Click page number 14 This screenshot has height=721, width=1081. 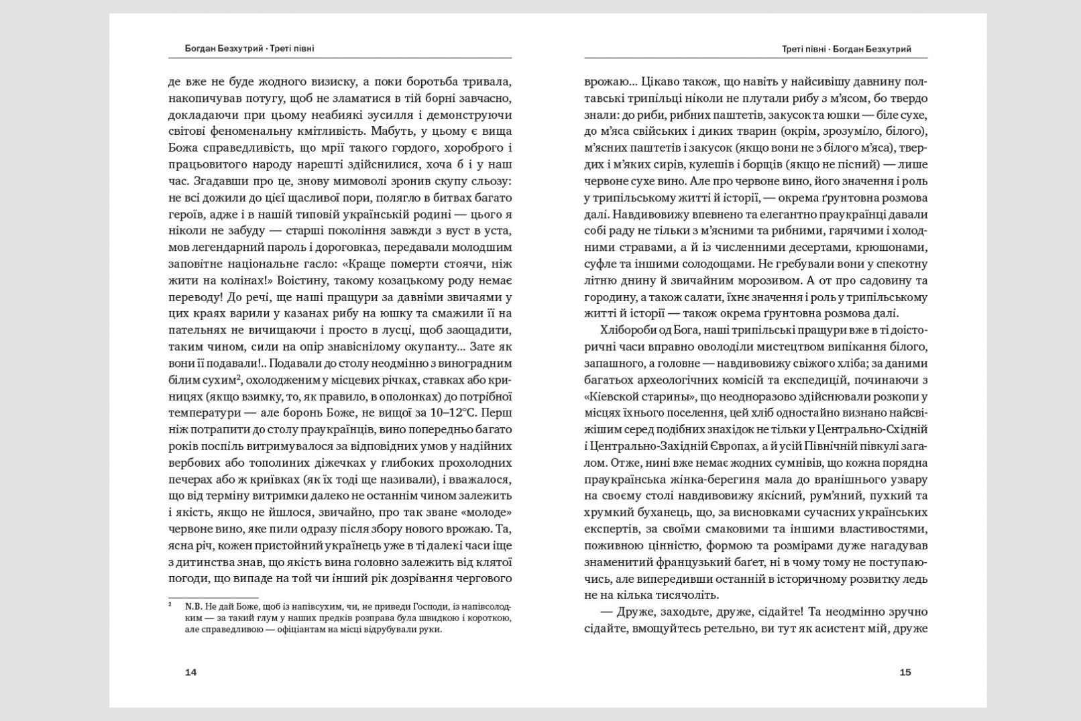click(x=190, y=672)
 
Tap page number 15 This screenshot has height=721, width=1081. click(x=905, y=672)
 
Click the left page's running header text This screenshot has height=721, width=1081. click(x=249, y=48)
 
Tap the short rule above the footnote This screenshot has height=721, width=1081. click(x=213, y=597)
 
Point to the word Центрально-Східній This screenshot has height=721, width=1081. click(x=876, y=429)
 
